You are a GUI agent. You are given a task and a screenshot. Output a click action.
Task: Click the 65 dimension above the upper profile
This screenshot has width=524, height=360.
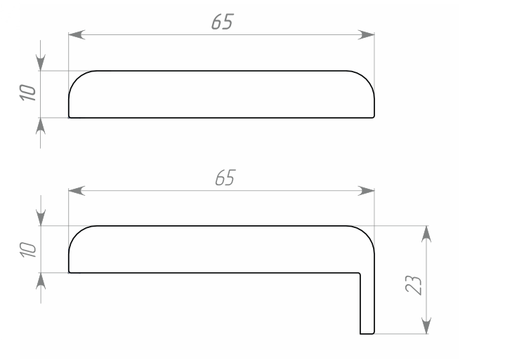click(x=221, y=22)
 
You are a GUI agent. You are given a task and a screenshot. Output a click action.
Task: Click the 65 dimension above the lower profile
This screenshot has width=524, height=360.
click(x=224, y=178)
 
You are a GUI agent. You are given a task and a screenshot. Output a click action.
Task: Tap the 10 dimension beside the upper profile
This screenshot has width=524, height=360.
click(x=27, y=93)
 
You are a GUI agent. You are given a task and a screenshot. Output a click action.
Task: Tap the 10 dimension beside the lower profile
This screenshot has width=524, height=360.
click(x=27, y=249)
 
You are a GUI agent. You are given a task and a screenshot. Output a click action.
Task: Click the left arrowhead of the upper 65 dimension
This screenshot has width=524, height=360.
click(x=76, y=34)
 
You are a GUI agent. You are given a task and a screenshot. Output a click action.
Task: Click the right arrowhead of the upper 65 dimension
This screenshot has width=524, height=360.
click(x=367, y=34)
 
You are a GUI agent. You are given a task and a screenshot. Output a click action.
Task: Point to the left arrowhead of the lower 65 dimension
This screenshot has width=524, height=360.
click(x=76, y=190)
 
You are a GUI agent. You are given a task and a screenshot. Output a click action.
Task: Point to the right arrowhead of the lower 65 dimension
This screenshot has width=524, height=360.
click(x=367, y=190)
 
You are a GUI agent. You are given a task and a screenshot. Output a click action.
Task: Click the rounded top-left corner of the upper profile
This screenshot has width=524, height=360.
click(x=76, y=78)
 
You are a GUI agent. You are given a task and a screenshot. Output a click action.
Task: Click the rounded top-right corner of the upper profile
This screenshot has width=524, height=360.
click(x=367, y=78)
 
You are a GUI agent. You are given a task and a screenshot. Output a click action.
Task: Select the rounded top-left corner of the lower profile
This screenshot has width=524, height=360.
click(x=76, y=234)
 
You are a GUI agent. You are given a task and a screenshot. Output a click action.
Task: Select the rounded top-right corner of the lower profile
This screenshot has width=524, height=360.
click(x=367, y=234)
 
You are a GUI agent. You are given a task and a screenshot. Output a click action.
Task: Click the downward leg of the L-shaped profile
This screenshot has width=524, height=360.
click(x=367, y=302)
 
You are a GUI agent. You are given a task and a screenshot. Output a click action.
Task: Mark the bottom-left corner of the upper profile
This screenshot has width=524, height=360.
click(x=69, y=117)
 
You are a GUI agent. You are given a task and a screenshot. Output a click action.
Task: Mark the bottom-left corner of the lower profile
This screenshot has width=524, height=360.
click(x=69, y=272)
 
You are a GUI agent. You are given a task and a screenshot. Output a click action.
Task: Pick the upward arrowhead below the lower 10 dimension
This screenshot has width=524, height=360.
click(x=41, y=280)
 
